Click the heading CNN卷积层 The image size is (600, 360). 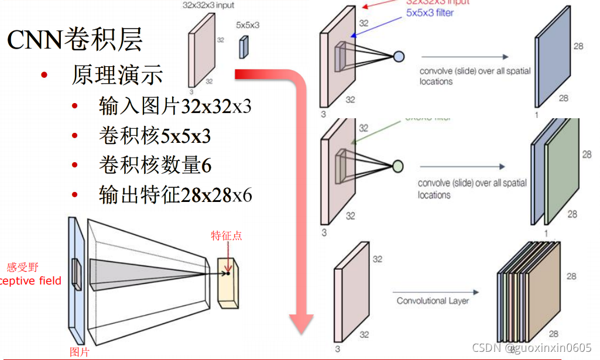[75, 40]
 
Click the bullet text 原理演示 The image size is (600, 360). [117, 75]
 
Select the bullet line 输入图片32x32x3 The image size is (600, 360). [175, 107]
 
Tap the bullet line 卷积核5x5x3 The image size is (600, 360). [155, 136]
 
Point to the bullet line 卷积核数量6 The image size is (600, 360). [155, 165]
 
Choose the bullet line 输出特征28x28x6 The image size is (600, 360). [175, 195]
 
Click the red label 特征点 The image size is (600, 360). [227, 236]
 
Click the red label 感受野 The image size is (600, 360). [22, 268]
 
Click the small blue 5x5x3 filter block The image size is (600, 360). [243, 47]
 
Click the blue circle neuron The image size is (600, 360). [398, 56]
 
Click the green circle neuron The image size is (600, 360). [397, 167]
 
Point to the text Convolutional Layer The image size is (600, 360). [433, 301]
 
